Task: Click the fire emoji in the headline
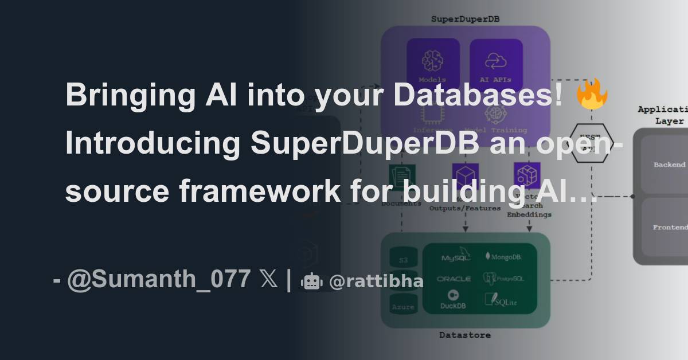[x=591, y=95]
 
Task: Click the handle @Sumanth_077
[x=159, y=280]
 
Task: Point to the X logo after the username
[x=268, y=280]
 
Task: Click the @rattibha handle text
[x=376, y=281]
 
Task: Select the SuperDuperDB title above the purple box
[x=464, y=19]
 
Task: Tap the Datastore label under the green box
[x=464, y=335]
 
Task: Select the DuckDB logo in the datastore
[x=453, y=299]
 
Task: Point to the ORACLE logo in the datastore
[x=454, y=279]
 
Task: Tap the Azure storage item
[x=403, y=306]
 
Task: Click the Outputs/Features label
[x=465, y=208]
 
